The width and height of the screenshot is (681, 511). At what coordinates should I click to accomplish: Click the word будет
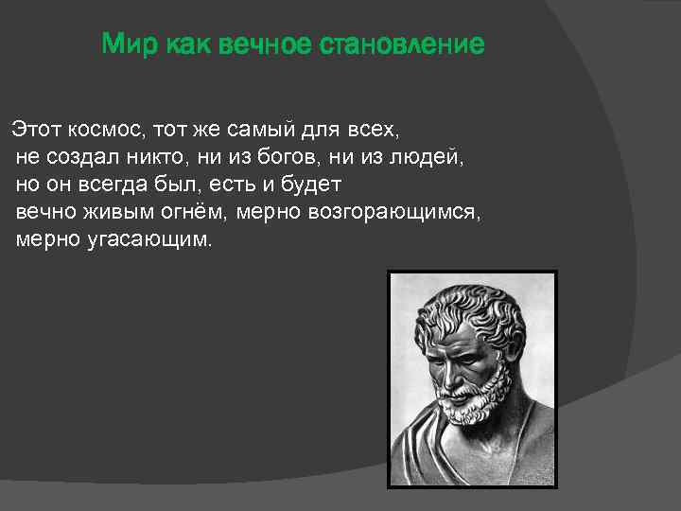(x=311, y=183)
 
